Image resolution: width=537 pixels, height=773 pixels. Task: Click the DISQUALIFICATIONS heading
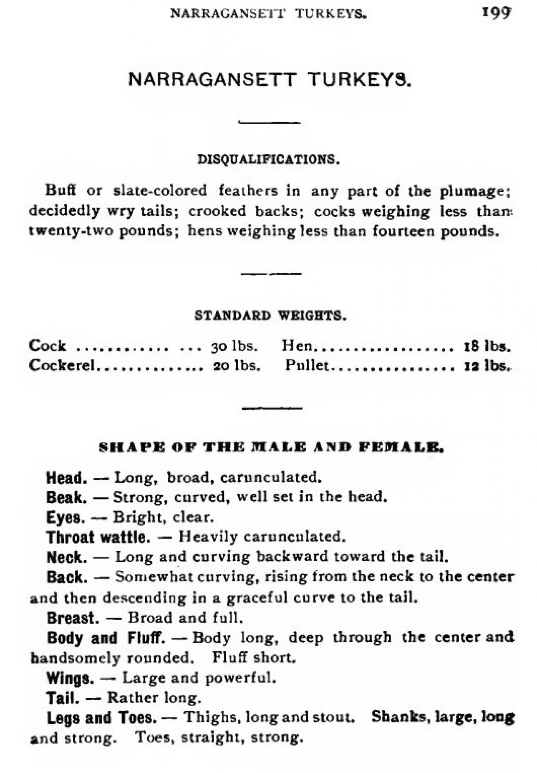click(x=268, y=159)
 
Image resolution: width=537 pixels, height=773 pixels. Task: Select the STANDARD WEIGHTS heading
click(x=270, y=316)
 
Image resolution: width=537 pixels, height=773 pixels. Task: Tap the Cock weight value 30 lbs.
click(x=234, y=346)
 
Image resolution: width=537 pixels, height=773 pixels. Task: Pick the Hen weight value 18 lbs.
click(x=487, y=346)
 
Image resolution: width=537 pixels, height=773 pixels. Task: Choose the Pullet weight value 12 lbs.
click(x=487, y=366)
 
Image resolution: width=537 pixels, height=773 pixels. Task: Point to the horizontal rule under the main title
click(x=270, y=122)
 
